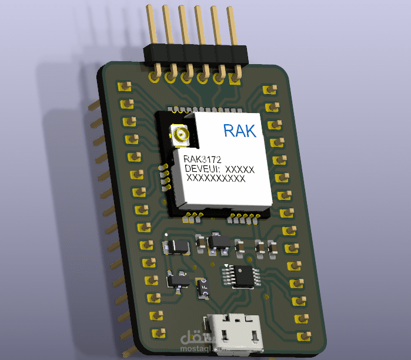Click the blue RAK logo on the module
point(240,130)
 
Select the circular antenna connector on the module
point(179,136)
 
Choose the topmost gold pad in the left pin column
point(124,87)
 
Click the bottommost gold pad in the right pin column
point(304,336)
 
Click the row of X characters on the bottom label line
point(215,179)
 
